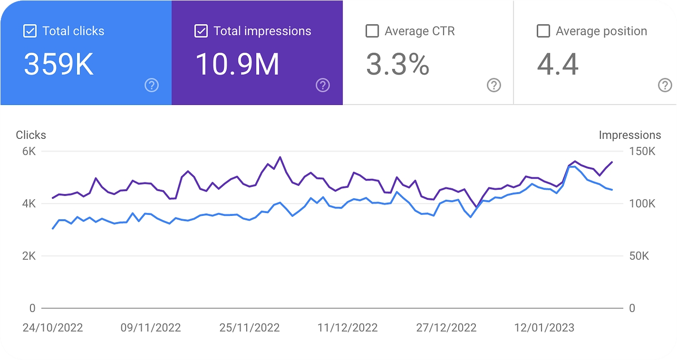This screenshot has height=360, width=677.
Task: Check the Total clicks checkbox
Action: pos(29,31)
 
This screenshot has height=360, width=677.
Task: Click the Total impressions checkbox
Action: pos(201,31)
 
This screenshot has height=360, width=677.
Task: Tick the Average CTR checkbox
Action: pos(372,31)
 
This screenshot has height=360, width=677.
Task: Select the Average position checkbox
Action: pos(543,31)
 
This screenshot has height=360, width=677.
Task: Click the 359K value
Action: pos(59,64)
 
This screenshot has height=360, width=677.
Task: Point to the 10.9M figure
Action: pos(237,64)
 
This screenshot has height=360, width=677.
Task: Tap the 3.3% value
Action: pos(397,64)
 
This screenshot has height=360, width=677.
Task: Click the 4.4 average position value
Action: pos(558,64)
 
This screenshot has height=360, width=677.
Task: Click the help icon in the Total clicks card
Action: pos(151,86)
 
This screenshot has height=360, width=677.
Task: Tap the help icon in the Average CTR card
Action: pos(493,86)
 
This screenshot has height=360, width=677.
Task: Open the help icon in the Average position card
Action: pos(665,86)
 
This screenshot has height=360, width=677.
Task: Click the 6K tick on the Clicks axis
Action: pos(29,151)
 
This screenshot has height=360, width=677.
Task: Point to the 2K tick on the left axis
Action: pos(29,256)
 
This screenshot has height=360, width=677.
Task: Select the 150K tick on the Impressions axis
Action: pos(642,151)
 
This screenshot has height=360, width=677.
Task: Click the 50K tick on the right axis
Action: pos(639,256)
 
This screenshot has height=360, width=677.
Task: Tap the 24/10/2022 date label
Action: pos(53,328)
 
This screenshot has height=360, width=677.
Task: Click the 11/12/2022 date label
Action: pos(347,328)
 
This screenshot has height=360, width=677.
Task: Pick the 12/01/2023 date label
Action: pos(544,328)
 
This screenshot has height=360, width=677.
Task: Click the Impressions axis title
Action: pos(630,135)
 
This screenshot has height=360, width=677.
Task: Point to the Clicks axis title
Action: pos(31,135)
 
